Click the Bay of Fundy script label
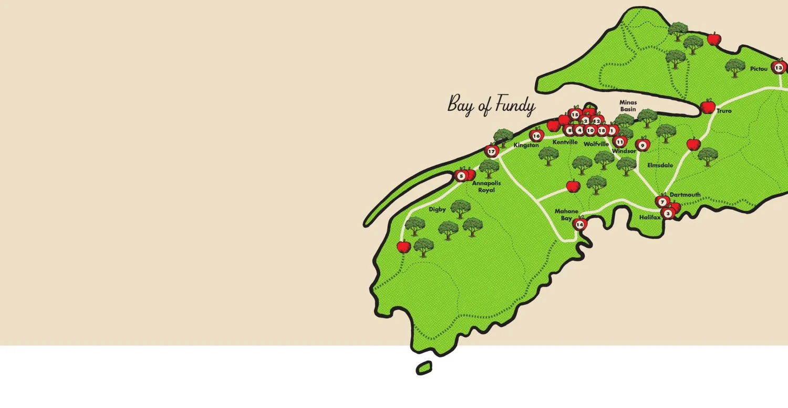tap(491, 105)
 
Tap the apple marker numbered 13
tap(778, 68)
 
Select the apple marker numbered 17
tap(491, 152)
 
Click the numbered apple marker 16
tap(536, 136)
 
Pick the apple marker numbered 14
tap(579, 225)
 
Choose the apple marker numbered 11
tap(620, 141)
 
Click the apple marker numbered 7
tap(662, 202)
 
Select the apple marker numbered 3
tap(668, 213)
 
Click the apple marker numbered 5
tap(461, 176)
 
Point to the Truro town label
tap(723, 111)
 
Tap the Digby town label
tap(437, 209)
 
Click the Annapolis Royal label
tap(486, 187)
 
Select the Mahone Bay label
tap(566, 215)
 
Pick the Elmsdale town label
tap(660, 165)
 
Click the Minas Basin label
tap(628, 106)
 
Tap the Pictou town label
tap(759, 69)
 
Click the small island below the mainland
tap(424, 368)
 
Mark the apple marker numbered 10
tap(590, 130)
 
